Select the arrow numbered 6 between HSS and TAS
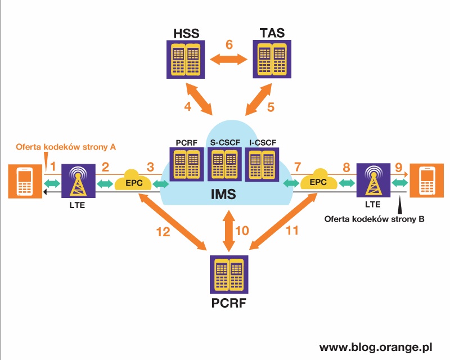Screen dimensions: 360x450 (x=229, y=58)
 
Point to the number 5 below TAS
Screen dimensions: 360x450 (x=270, y=106)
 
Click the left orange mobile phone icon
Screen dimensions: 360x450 (x=24, y=181)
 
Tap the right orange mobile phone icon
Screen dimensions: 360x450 (x=428, y=181)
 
